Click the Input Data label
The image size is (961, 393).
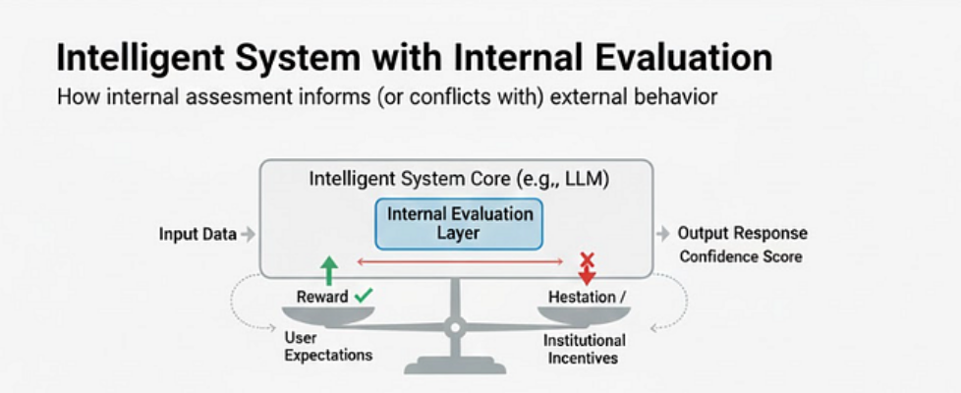click(x=198, y=234)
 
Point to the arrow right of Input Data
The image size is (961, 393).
click(x=248, y=234)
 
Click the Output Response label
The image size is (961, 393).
click(x=742, y=234)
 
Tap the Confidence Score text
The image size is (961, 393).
click(x=740, y=256)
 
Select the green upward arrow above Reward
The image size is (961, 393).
click(x=329, y=270)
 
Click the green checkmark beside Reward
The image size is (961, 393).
click(x=364, y=295)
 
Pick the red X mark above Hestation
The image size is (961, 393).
click(x=588, y=260)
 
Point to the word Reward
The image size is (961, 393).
click(x=322, y=296)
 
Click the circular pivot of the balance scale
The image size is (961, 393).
click(x=455, y=324)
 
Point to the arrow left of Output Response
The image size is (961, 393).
click(x=661, y=234)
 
